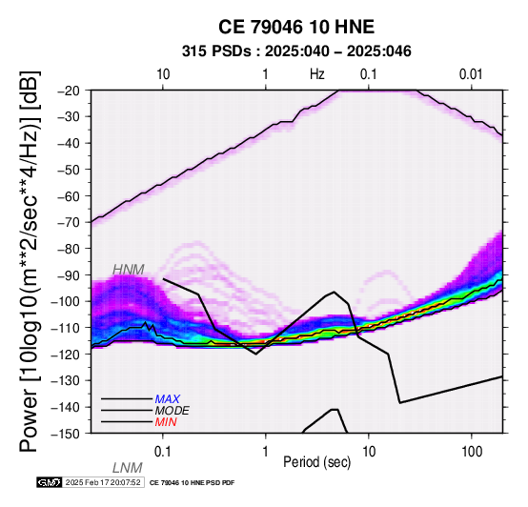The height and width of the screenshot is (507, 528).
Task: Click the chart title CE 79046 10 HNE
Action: pos(296,27)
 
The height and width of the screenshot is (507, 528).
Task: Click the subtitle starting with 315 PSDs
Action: pos(296,51)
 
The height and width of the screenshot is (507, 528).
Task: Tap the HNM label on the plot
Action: pos(129,270)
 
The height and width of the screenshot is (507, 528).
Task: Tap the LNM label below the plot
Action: pos(128,468)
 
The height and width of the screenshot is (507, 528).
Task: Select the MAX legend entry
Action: pos(168,399)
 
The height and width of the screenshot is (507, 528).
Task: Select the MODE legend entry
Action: pos(173,411)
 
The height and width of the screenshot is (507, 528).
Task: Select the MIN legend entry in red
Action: pos(166,422)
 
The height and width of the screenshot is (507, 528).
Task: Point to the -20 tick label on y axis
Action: pos(69,91)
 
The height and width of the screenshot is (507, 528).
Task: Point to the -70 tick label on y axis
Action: pos(69,222)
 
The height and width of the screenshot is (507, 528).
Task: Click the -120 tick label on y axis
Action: pos(66,355)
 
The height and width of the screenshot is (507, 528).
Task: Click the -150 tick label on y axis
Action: pos(66,434)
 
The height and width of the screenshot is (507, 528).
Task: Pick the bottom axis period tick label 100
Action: pos(472,452)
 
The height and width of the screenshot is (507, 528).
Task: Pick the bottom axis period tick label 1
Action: pos(266,452)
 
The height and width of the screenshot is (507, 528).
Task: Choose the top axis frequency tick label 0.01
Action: pos(471,74)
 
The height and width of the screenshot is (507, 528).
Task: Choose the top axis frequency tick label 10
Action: pos(163,74)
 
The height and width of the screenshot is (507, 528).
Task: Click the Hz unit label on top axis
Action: pos(317,74)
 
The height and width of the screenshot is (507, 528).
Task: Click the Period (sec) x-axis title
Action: pos(317,462)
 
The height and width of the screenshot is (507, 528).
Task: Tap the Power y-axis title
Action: pos(30,261)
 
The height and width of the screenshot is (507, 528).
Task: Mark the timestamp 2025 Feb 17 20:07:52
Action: pos(103,482)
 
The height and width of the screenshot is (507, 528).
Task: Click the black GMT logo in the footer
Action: pos(50,482)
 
